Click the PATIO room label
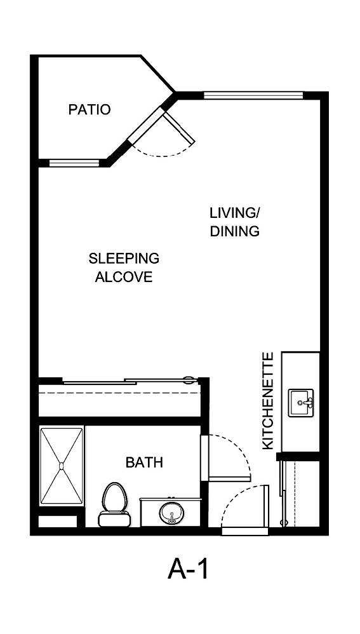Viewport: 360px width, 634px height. coord(89,110)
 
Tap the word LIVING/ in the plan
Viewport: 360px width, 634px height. coord(235,212)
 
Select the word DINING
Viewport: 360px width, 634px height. coord(235,231)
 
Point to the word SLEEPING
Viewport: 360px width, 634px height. coord(124,259)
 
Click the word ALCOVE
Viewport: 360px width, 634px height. coord(124,278)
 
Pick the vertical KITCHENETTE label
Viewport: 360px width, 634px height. coord(268,401)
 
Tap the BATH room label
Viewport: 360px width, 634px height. coord(144,462)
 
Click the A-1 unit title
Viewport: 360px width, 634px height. coord(188,569)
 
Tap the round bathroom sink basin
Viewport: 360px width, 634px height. coord(171,512)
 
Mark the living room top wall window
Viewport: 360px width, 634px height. coord(253,96)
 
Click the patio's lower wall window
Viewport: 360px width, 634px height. coord(75,163)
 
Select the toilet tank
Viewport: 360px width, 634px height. coord(114,520)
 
